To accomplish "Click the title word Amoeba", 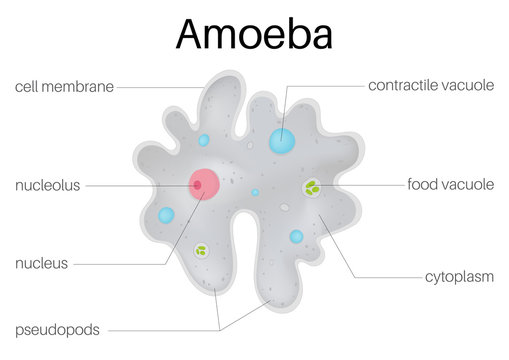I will tap(254, 33).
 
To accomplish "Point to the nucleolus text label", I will tap(47, 185).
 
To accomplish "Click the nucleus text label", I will tap(41, 264).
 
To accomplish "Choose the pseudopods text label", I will tap(56, 328).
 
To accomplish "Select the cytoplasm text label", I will tap(459, 276).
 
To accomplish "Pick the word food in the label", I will tap(423, 185).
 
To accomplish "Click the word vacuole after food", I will tap(468, 185).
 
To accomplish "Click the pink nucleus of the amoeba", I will tap(205, 184).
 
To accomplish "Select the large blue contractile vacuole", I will tap(282, 140).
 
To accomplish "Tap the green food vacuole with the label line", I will tap(313, 187).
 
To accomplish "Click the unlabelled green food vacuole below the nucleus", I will tap(201, 251).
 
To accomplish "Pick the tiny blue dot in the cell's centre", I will tap(255, 192).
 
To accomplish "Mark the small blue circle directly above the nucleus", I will tap(204, 141).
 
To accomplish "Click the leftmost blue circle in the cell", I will tap(166, 215).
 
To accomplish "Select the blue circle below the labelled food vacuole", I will tap(296, 237).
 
